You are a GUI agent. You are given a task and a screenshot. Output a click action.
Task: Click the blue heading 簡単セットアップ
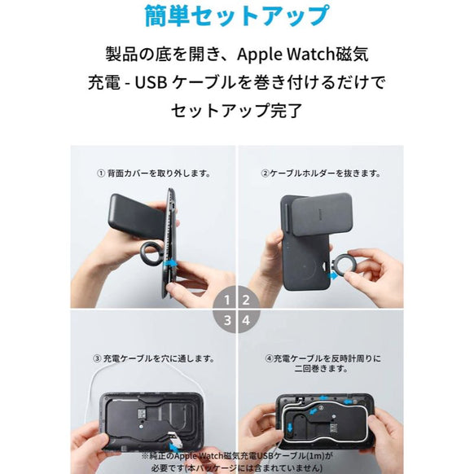236,15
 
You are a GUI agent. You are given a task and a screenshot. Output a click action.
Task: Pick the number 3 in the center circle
226,319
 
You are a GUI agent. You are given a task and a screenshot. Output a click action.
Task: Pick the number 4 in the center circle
245,319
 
